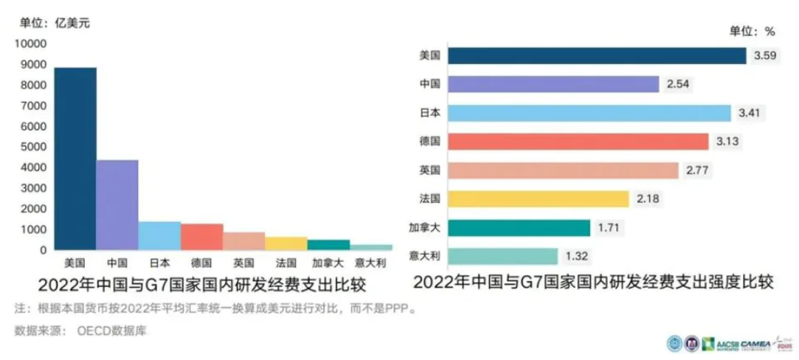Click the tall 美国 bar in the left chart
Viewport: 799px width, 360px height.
(x=75, y=159)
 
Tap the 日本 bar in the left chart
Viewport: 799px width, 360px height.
(x=159, y=236)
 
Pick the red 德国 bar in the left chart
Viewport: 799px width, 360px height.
(x=202, y=237)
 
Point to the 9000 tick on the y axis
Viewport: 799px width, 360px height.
(x=32, y=65)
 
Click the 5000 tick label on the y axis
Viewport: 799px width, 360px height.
(x=32, y=148)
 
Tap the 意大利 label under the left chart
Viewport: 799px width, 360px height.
(x=371, y=263)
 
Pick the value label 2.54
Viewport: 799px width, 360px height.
(x=677, y=85)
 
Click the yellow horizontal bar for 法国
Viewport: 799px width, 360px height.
(x=539, y=199)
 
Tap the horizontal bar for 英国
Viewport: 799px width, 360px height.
(x=563, y=170)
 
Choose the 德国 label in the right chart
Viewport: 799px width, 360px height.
(x=429, y=142)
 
